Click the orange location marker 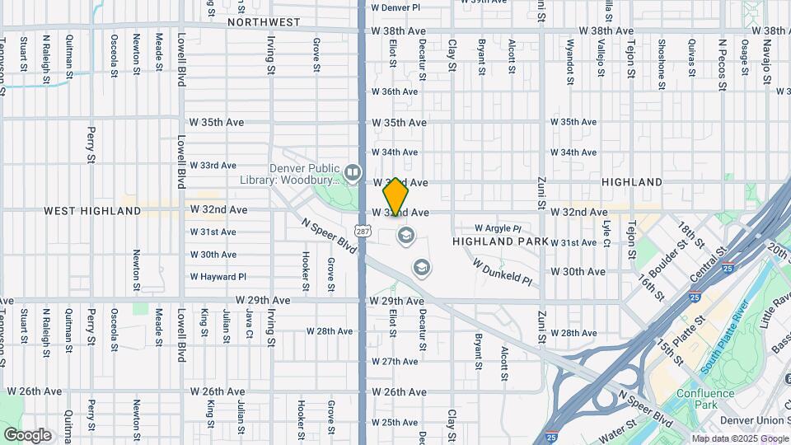tap(395, 198)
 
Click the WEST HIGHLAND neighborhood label tap(92, 211)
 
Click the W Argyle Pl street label tap(498, 228)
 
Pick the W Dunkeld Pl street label tap(503, 270)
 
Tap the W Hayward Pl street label tap(218, 277)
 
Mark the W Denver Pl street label tap(395, 7)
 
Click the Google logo tap(27, 435)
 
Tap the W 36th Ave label tap(395, 92)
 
